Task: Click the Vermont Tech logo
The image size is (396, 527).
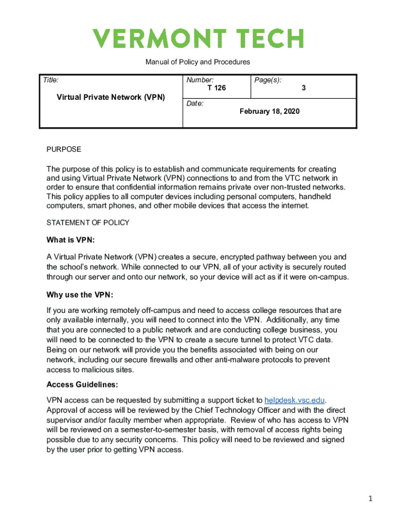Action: [x=198, y=39]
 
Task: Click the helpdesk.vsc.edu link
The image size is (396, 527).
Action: [x=295, y=400]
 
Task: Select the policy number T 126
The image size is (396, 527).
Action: [x=217, y=88]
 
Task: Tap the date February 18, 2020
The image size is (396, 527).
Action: [x=269, y=111]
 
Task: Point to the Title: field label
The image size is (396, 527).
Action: [x=50, y=80]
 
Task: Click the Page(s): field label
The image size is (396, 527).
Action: [x=267, y=80]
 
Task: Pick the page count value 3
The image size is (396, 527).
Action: [x=304, y=88]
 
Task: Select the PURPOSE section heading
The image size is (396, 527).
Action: [x=64, y=149]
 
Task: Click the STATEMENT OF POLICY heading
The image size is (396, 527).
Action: [x=88, y=223]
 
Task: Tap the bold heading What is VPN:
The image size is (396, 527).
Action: [x=70, y=240]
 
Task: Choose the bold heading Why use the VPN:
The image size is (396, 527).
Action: [x=80, y=295]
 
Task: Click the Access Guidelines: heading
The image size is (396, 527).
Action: [x=82, y=384]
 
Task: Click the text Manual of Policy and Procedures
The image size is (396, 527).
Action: [x=197, y=62]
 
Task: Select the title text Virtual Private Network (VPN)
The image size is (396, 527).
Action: [x=111, y=97]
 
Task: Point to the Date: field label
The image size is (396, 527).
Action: [x=195, y=103]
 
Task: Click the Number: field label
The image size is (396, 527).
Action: [x=200, y=80]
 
